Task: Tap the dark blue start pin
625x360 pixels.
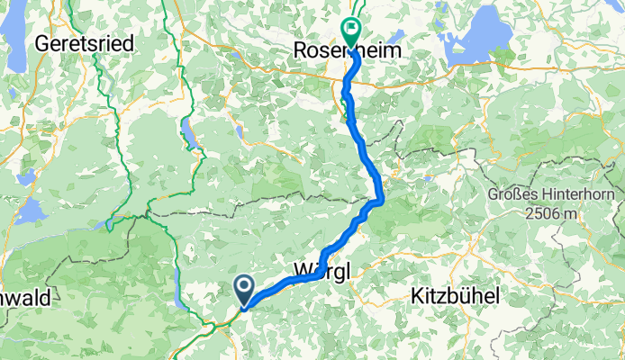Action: coord(244,290)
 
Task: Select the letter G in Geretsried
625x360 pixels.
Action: coord(40,42)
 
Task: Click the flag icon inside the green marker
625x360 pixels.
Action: coord(349,29)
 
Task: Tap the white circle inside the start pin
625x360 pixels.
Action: coord(244,286)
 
